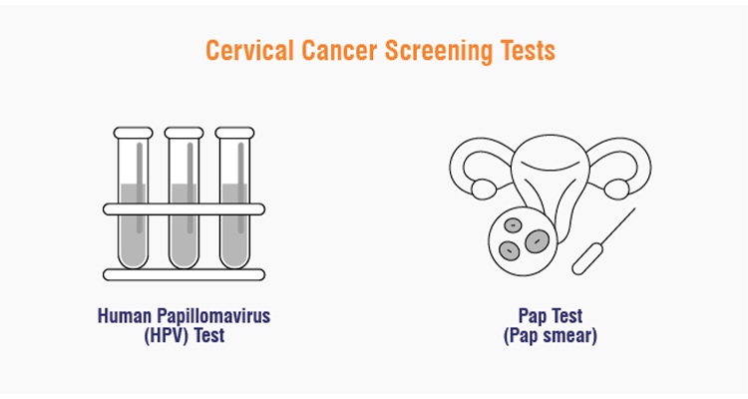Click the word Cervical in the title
click(243, 50)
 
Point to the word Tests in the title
click(525, 50)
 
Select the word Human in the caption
click(123, 316)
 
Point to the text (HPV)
click(166, 336)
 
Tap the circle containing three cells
click(520, 236)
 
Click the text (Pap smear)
click(551, 336)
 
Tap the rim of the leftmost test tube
click(133, 132)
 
